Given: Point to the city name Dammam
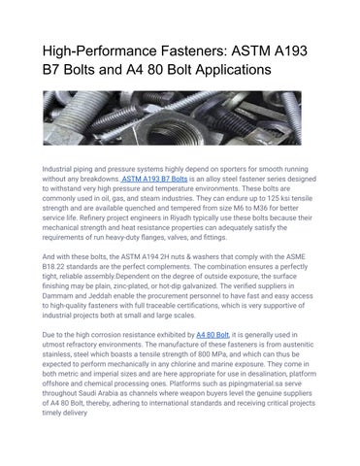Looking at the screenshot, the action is [62, 305].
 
